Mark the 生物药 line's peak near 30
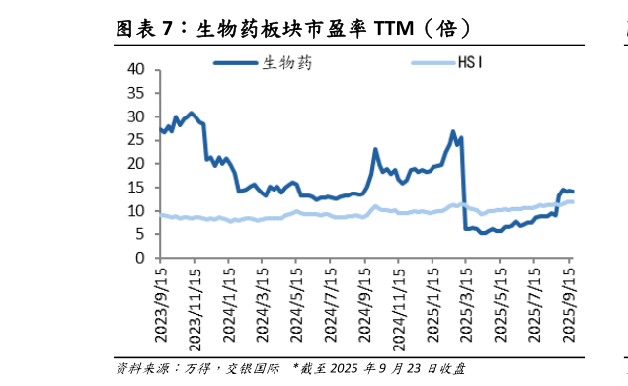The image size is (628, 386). [191, 114]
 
